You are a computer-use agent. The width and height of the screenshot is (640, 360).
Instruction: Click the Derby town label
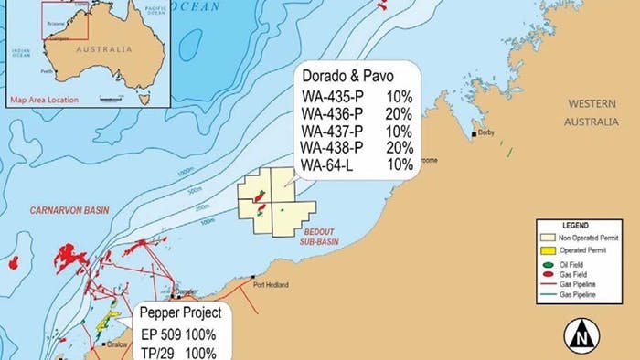pos(489,133)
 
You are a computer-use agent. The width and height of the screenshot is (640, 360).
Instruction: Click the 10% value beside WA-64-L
pos(400,165)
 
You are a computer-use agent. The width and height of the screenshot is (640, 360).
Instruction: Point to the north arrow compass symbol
pos(578,337)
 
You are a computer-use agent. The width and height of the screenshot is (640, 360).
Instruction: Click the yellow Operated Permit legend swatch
pos(549,249)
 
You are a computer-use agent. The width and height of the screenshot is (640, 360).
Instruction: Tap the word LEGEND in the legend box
pos(576,225)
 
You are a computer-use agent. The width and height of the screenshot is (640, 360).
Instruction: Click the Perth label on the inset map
pos(46,69)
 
